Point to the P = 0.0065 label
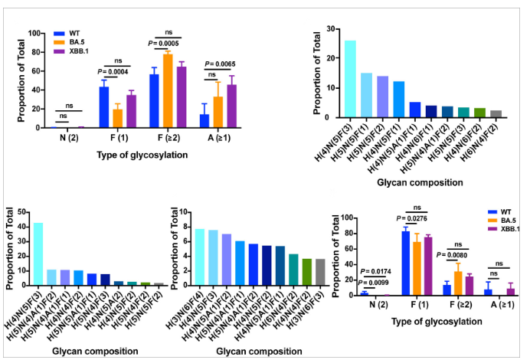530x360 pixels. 222,64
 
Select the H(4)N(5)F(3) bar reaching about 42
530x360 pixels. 38,254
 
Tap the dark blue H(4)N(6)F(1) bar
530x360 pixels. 433,111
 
